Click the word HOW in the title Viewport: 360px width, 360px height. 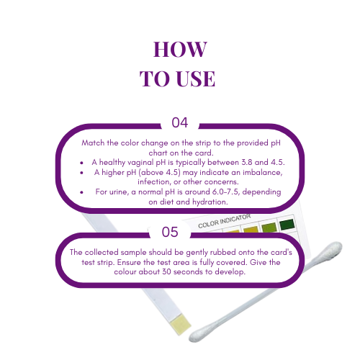coord(180,50)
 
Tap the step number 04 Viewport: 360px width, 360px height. coord(179,122)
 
